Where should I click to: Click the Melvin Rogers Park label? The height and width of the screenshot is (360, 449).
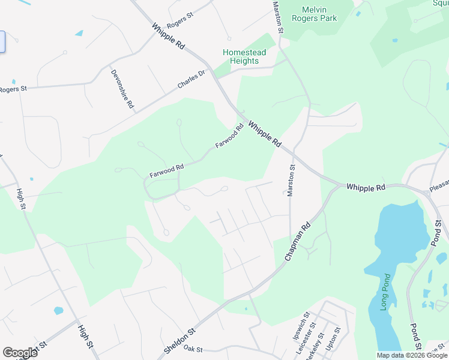314,14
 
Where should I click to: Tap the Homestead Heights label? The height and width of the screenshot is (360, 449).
244,56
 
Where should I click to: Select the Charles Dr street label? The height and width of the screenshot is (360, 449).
191,80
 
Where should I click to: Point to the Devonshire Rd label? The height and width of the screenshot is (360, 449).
122,89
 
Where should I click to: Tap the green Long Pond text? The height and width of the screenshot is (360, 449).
385,291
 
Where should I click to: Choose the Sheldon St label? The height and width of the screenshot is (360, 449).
179,340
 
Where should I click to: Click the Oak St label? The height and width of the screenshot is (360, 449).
193,349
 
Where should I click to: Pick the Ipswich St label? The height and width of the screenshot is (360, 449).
300,326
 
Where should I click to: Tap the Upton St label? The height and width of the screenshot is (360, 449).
333,340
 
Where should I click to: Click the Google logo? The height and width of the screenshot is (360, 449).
20,353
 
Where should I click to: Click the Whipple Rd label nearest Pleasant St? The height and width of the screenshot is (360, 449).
366,187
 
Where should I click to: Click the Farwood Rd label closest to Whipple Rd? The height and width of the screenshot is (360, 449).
231,137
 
